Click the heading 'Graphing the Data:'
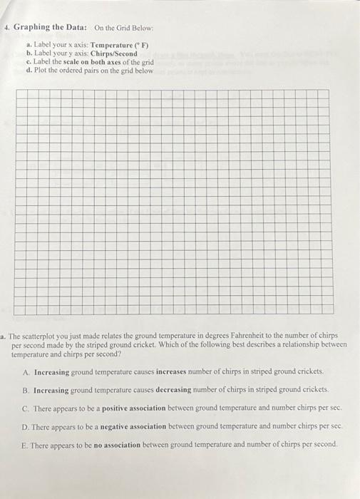[51, 27]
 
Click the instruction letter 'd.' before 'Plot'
[28, 70]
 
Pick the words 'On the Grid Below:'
[124, 28]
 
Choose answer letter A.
[26, 372]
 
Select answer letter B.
[26, 390]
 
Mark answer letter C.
[26, 408]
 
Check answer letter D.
[26, 426]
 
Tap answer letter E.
[26, 444]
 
